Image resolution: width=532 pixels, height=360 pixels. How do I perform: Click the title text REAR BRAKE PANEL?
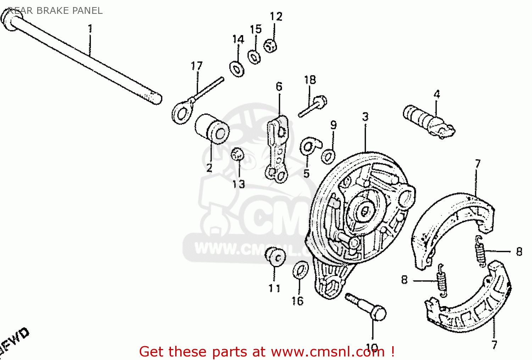tap(55, 11)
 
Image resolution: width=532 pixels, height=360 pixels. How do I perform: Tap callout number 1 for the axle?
tap(90, 28)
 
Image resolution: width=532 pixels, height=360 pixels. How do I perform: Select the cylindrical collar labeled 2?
tap(212, 129)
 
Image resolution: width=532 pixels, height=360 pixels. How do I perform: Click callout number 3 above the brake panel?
tap(365, 117)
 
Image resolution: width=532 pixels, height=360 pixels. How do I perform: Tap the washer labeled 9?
tap(328, 156)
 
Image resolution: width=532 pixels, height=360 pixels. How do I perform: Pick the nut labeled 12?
tap(270, 46)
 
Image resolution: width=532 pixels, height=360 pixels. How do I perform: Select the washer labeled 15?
tap(254, 57)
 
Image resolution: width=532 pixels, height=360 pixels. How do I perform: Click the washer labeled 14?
tap(237, 69)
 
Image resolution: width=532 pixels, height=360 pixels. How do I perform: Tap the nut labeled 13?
tap(237, 155)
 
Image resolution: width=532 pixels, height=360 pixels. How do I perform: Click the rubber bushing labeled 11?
tap(276, 256)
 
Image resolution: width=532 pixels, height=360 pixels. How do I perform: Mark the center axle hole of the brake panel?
tap(365, 212)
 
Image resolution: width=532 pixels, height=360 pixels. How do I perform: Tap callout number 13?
tap(239, 184)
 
